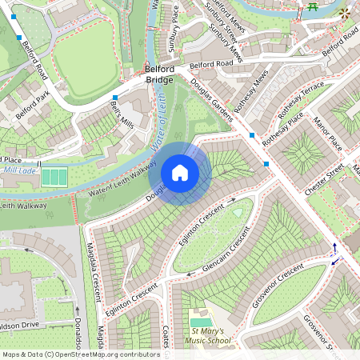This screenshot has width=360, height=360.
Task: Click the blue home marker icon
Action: coord(180,173)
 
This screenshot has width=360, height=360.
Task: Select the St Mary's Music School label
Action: coord(210,336)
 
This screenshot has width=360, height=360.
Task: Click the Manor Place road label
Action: coord(328,134)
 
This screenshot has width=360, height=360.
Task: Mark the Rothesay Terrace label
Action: coord(302,100)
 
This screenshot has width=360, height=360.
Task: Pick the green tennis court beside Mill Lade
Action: coord(55,176)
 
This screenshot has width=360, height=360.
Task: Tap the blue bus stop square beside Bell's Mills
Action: coord(114,97)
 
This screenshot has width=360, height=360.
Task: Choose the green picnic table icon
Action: coord(310,9)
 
